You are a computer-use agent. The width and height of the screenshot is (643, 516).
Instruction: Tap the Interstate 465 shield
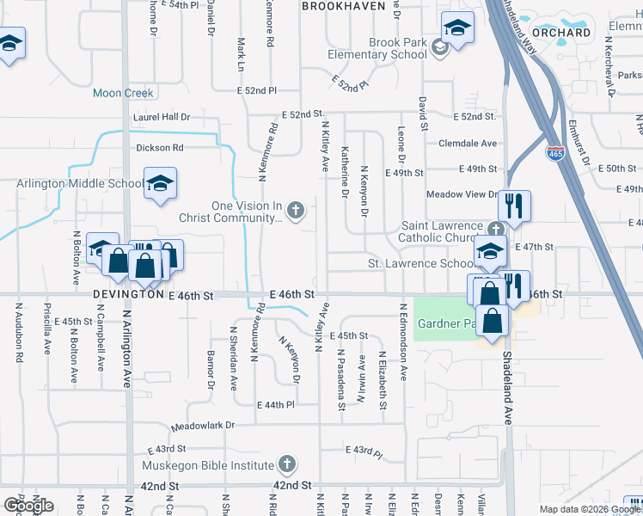click(554, 152)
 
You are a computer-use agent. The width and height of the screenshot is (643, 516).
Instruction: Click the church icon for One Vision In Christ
click(296, 210)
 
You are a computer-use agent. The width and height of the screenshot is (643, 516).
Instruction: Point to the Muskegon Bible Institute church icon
click(287, 465)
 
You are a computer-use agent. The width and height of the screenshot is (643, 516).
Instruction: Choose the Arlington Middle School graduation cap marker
click(159, 183)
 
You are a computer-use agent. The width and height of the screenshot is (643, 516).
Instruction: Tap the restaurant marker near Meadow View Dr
click(515, 206)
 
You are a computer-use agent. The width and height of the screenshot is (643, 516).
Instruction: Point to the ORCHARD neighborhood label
click(567, 33)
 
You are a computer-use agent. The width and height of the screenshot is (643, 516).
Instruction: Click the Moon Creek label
click(123, 93)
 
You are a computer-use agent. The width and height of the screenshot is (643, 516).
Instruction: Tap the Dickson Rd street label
click(160, 148)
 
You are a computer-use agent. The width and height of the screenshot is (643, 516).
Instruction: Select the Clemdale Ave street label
click(468, 144)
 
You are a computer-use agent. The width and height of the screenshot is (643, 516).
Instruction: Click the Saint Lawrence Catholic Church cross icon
click(495, 230)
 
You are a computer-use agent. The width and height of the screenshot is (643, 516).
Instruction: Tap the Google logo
click(28, 506)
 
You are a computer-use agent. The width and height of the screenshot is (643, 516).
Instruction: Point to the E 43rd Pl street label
click(363, 451)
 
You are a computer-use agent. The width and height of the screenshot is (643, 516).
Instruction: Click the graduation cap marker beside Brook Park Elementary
click(458, 28)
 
